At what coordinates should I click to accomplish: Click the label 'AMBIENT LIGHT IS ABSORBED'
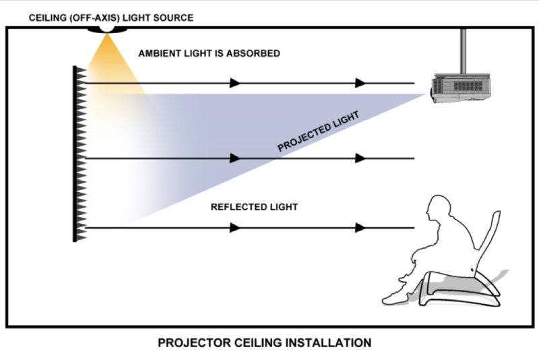pos(209,53)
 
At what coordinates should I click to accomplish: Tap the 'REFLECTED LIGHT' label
pos(254,207)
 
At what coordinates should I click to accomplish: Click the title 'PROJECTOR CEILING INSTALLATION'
pos(264,343)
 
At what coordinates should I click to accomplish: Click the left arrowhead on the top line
pos(234,83)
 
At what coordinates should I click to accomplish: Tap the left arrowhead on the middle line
pos(234,158)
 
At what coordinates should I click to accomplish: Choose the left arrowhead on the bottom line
pos(234,228)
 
